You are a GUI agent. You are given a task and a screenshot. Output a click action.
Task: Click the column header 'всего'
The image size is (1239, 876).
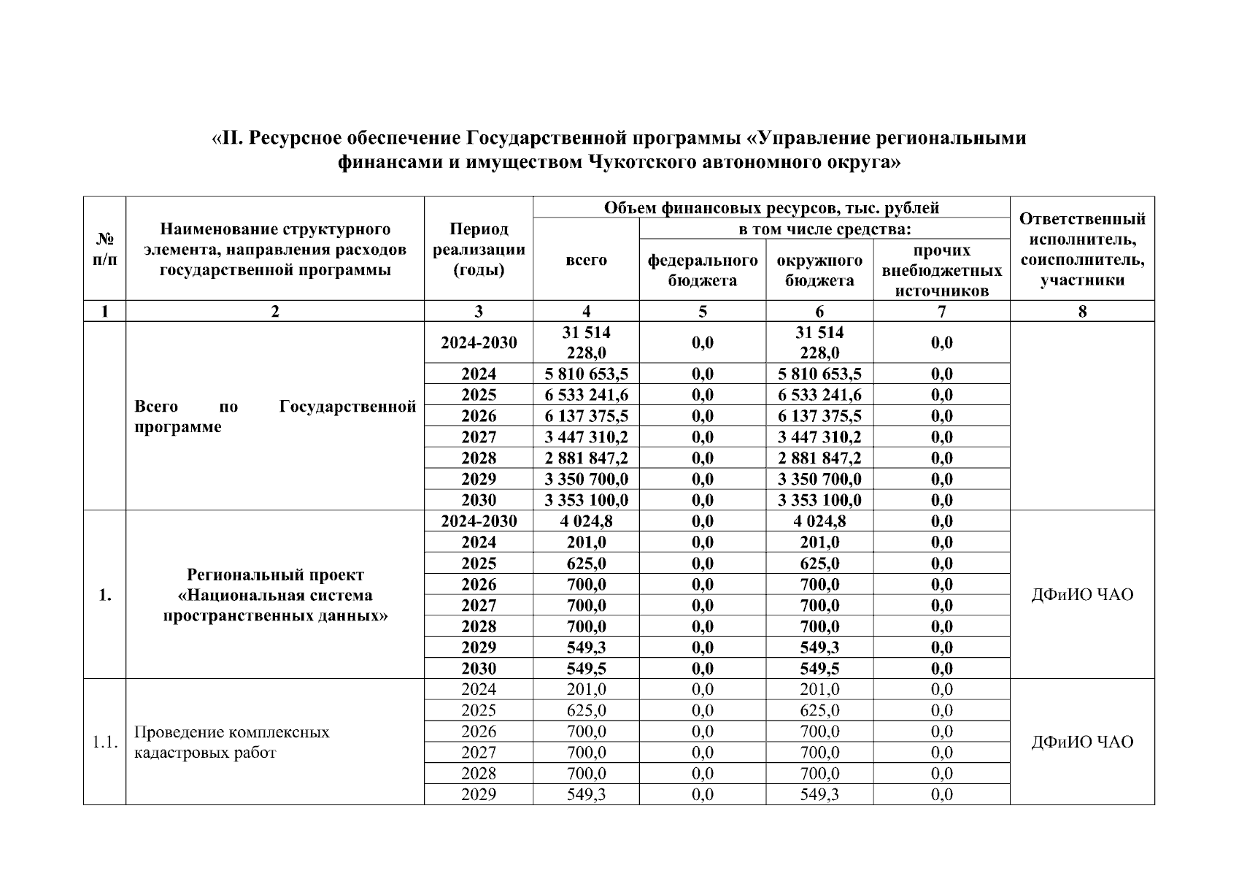(x=586, y=260)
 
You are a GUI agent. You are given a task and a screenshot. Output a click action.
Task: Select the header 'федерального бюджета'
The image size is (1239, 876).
(x=702, y=270)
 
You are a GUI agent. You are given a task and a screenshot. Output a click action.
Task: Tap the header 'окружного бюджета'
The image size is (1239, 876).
(x=819, y=270)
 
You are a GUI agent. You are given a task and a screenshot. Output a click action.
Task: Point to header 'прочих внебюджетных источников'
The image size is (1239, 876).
(x=941, y=270)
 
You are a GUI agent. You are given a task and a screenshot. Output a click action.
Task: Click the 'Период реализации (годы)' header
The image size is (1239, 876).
(x=479, y=250)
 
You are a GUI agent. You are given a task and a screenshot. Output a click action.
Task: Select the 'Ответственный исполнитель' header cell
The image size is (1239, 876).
(x=1082, y=250)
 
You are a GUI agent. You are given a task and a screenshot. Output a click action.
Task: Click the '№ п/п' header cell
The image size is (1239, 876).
(x=105, y=250)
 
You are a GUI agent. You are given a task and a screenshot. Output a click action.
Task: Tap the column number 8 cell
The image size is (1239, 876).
(x=1082, y=312)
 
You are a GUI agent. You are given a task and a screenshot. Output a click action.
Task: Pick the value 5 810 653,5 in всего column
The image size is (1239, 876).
(x=586, y=374)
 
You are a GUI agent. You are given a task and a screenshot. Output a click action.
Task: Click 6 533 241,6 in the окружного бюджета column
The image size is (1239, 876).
(x=819, y=396)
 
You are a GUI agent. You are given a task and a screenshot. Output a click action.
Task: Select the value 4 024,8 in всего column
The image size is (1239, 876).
(x=586, y=521)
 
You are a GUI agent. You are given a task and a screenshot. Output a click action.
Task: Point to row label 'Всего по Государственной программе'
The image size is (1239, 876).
(x=275, y=416)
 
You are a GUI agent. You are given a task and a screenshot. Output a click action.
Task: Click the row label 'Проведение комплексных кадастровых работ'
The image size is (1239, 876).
(x=232, y=742)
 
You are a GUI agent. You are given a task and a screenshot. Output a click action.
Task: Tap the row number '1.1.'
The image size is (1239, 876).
(x=105, y=742)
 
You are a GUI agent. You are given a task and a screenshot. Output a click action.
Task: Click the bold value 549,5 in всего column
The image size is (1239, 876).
(x=586, y=669)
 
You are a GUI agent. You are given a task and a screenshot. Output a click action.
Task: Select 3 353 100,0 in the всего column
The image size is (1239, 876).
(x=586, y=501)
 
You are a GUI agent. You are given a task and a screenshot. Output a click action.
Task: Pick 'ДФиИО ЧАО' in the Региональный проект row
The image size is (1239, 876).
(x=1082, y=595)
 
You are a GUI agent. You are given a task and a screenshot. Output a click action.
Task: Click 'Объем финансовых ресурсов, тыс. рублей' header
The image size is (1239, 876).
(x=771, y=208)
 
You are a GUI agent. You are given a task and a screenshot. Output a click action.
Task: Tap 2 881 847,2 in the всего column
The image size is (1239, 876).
(x=586, y=458)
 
